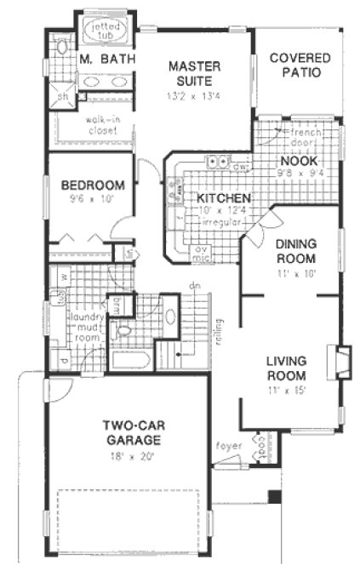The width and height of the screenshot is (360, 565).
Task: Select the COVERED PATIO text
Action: point(295,66)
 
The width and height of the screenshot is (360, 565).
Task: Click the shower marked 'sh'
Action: point(63,96)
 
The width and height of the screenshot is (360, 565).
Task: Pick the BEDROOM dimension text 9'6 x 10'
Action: point(92,199)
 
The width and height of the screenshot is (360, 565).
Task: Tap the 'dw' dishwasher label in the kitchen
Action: point(242,167)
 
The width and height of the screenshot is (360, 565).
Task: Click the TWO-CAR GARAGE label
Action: point(132,432)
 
